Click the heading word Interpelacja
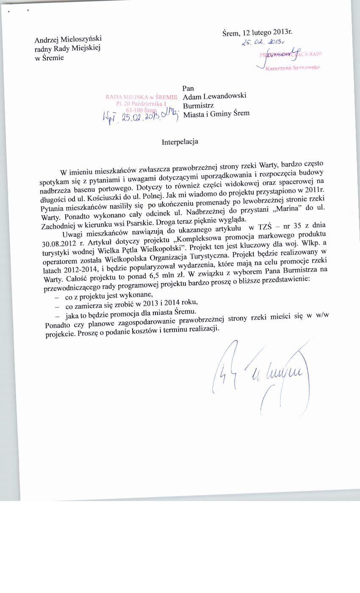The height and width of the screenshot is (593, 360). [180, 142]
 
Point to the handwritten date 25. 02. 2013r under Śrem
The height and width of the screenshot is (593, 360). [263, 42]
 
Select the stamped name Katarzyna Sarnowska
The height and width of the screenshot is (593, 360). [292, 68]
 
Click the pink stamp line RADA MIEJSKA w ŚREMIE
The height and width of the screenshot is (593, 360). [141, 97]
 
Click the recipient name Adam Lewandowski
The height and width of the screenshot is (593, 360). [214, 96]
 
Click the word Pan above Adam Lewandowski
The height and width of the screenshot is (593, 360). [188, 88]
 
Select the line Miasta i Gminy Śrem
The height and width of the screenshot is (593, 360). [216, 113]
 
